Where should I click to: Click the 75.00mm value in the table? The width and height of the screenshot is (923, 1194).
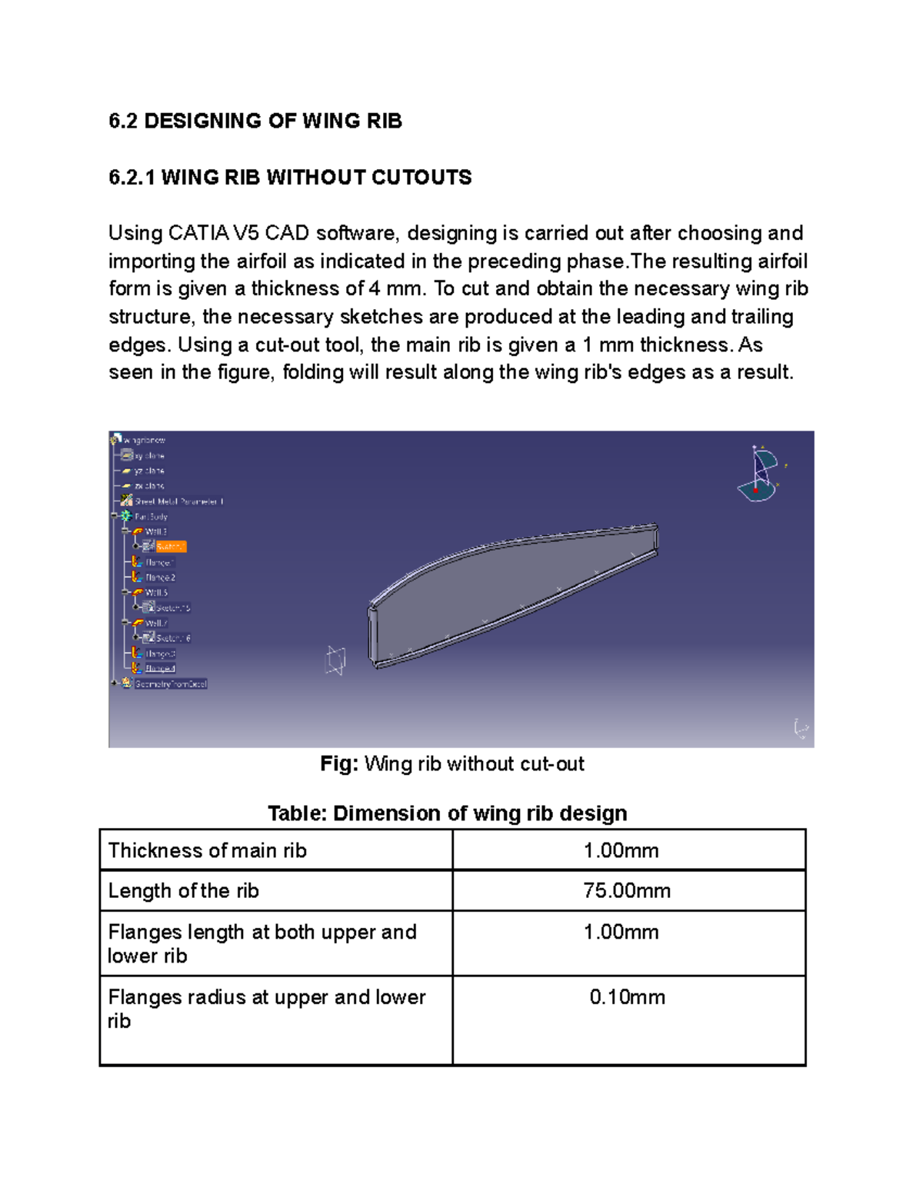(x=626, y=890)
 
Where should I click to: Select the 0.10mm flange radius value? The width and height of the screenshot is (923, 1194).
(x=627, y=997)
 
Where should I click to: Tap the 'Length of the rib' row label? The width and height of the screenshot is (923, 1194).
(x=183, y=890)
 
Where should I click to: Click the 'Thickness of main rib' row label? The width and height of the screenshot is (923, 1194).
(x=207, y=850)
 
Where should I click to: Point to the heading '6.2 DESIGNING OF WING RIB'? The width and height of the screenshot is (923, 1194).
(x=255, y=121)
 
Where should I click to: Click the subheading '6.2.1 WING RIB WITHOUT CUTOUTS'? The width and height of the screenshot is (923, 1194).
(x=290, y=178)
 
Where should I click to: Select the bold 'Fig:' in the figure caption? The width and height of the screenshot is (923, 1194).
(x=339, y=763)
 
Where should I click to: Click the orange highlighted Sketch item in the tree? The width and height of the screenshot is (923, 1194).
(x=170, y=547)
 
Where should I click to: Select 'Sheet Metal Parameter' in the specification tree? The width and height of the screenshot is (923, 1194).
(x=178, y=501)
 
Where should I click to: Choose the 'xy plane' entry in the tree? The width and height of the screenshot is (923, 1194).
(x=149, y=456)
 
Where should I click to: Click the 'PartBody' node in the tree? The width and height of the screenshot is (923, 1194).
(x=151, y=517)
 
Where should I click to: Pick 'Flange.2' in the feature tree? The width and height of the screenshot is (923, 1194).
(x=160, y=577)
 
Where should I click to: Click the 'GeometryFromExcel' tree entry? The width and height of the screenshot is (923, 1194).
(x=170, y=683)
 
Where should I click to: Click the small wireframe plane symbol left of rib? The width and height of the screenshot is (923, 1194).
(x=335, y=660)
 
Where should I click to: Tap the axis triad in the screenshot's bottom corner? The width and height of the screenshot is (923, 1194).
(x=800, y=728)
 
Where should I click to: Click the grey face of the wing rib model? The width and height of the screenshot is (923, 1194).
(x=508, y=584)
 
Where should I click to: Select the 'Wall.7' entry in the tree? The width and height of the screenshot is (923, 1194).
(x=156, y=623)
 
